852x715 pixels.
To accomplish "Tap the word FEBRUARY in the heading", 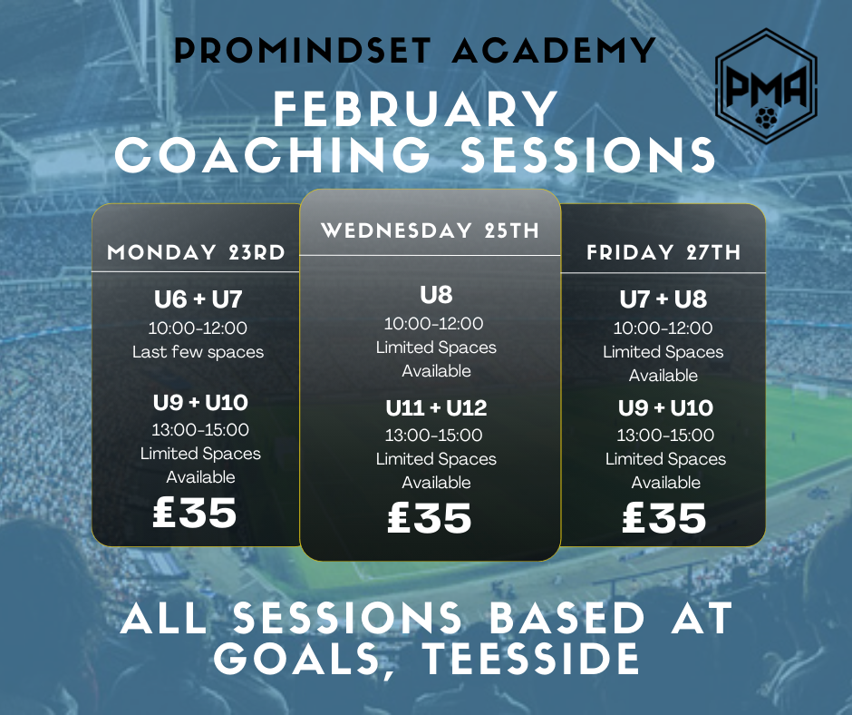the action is pyautogui.click(x=416, y=109).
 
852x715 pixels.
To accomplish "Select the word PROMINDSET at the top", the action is pyautogui.click(x=303, y=51).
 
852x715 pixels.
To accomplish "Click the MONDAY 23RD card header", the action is pyautogui.click(x=196, y=252).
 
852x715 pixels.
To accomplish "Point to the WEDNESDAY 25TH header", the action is pyautogui.click(x=431, y=230).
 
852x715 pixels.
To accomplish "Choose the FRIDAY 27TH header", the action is pyautogui.click(x=663, y=252).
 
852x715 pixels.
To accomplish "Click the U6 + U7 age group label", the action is pyautogui.click(x=198, y=299).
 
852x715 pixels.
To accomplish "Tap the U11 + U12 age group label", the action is pyautogui.click(x=436, y=408).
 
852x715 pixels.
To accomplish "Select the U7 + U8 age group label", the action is pyautogui.click(x=663, y=299).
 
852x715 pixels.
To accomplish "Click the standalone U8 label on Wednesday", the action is pyautogui.click(x=436, y=295).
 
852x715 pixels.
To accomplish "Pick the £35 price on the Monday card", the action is pyautogui.click(x=195, y=513).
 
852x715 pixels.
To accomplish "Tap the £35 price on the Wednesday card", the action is pyautogui.click(x=430, y=517).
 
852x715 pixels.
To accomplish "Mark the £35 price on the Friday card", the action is pyautogui.click(x=664, y=517).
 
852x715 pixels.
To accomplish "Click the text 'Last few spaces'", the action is pyautogui.click(x=198, y=352).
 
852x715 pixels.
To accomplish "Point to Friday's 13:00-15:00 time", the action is pyautogui.click(x=665, y=436).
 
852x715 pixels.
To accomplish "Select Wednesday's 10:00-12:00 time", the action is pyautogui.click(x=433, y=324).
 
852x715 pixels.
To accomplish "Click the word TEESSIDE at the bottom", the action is pyautogui.click(x=531, y=659).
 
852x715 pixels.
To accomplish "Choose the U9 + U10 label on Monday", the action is pyautogui.click(x=200, y=403).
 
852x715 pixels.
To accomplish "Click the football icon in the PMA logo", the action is pyautogui.click(x=766, y=118).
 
